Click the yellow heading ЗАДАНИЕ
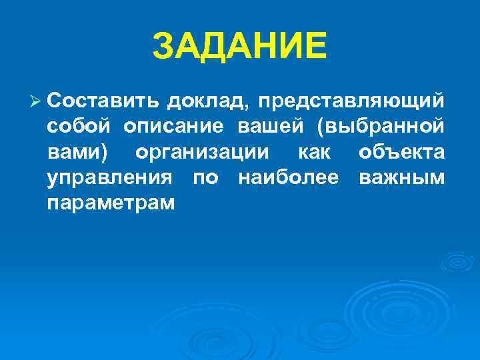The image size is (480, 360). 240,46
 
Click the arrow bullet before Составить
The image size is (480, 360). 37,100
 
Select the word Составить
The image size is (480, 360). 103,101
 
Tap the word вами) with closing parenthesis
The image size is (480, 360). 79,152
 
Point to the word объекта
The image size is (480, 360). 401,152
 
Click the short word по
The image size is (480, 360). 205,178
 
